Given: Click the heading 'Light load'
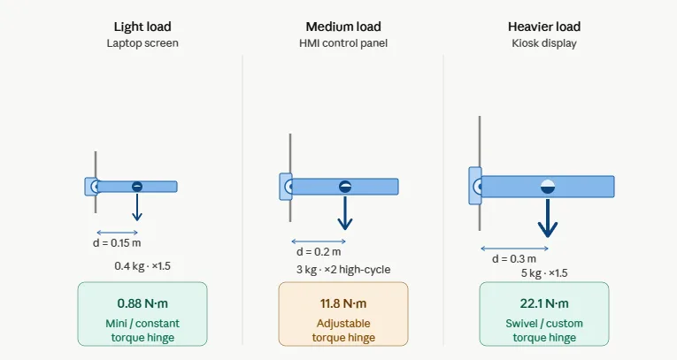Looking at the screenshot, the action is click(x=142, y=27).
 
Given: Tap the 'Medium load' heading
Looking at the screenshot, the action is click(x=343, y=27).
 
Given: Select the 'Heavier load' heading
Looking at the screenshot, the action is click(x=544, y=27).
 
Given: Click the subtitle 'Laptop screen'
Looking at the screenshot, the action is click(x=142, y=43).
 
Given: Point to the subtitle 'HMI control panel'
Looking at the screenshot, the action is click(x=343, y=43).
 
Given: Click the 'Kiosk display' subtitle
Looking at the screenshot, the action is click(x=544, y=43).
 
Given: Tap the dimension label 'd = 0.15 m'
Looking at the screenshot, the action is click(x=117, y=243).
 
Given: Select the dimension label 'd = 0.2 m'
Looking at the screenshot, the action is click(x=319, y=252).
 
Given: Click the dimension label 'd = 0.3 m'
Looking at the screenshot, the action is click(x=514, y=259).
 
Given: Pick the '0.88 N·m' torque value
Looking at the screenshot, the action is click(x=142, y=303).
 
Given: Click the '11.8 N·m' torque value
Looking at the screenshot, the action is click(x=343, y=303).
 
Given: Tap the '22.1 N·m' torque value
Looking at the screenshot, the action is click(x=544, y=303).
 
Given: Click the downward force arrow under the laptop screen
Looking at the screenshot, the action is click(x=137, y=207).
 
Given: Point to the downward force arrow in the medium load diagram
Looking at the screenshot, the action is click(x=345, y=212).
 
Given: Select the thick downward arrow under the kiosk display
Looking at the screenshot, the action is click(x=548, y=218).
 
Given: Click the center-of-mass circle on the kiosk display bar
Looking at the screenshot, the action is click(x=548, y=187).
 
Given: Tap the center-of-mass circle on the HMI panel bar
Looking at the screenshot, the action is click(x=345, y=187).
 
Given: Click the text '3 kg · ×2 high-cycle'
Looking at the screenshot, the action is click(x=343, y=270).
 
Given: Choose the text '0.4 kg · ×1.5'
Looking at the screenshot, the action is click(x=142, y=266).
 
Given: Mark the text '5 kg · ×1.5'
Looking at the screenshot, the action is click(x=544, y=273).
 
